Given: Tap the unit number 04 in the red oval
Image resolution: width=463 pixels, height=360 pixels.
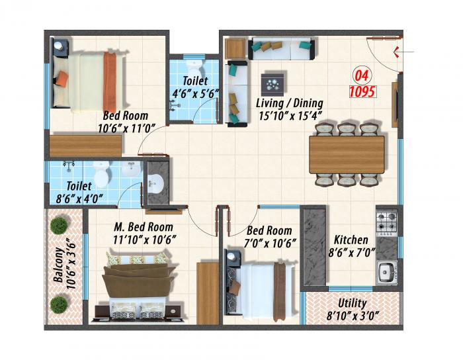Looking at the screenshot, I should (362, 74).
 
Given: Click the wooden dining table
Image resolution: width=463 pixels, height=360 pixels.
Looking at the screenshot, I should (347, 154).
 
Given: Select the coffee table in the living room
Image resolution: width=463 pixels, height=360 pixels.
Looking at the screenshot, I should (272, 83).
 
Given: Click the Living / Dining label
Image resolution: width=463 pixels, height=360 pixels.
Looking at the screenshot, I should (289, 103).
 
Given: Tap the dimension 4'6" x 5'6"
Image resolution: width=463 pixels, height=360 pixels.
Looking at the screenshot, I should (192, 93).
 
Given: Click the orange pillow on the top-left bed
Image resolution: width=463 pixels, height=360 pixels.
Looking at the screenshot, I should (62, 78).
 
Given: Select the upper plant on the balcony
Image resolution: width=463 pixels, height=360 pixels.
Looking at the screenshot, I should (59, 224).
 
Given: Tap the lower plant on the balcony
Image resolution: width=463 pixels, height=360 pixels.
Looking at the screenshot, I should (59, 304).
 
